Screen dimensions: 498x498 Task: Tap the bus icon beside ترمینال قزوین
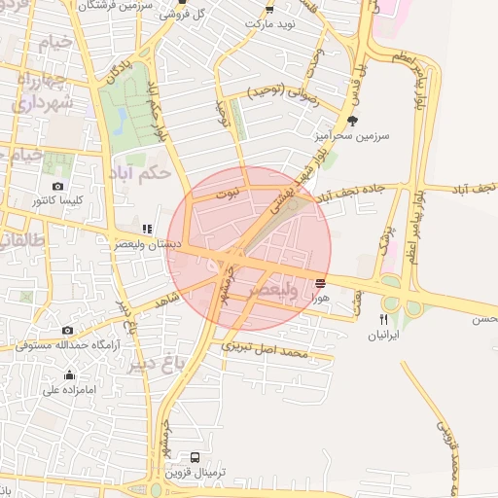click(x=196, y=457)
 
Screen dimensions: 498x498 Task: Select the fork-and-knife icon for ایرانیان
click(x=384, y=319)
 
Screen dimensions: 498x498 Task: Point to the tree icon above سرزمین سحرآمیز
click(x=352, y=121)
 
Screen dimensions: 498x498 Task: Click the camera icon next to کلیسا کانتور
click(x=58, y=186)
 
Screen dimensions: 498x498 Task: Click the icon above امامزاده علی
click(x=69, y=375)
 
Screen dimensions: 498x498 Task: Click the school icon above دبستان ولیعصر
click(x=147, y=230)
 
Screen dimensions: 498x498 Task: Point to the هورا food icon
click(x=320, y=283)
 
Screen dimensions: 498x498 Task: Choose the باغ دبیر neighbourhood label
click(x=153, y=365)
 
